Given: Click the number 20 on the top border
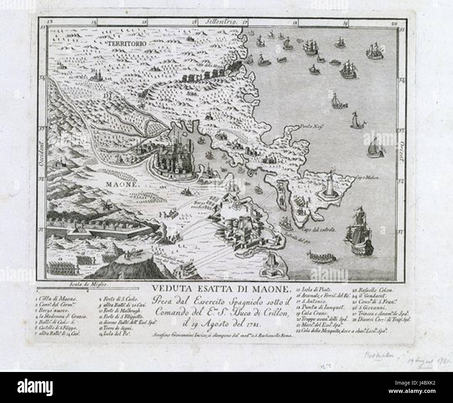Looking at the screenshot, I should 394,24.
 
